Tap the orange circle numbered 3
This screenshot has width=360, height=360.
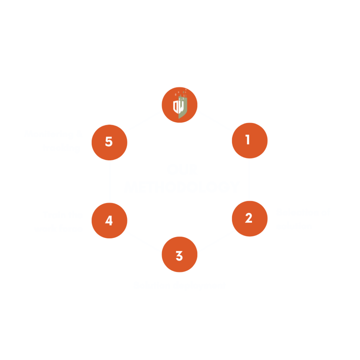click(179, 255)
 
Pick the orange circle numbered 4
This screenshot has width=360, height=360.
click(109, 220)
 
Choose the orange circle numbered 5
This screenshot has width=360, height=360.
click(109, 142)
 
